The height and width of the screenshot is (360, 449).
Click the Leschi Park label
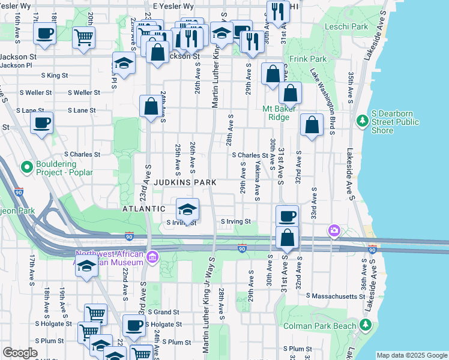click(346, 26)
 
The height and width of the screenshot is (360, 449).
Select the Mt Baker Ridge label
click(276, 113)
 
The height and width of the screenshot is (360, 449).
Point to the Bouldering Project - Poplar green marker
click(26, 166)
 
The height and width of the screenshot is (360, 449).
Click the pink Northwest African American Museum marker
click(153, 257)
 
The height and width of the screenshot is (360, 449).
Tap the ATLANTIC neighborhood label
click(143, 208)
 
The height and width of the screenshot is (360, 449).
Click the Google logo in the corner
click(20, 353)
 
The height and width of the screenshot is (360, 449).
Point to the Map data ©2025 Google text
click(411, 355)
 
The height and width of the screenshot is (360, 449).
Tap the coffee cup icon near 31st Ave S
click(287, 215)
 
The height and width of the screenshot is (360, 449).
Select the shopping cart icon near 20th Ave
click(83, 37)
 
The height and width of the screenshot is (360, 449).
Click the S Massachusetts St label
click(336, 296)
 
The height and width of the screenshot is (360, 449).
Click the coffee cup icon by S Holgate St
click(134, 325)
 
